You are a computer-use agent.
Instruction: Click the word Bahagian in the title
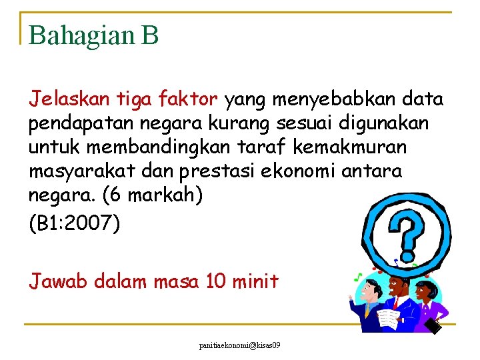(80, 35)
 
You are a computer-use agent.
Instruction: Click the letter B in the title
(150, 35)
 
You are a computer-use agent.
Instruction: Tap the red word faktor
(188, 100)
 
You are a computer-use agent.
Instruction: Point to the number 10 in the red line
(217, 281)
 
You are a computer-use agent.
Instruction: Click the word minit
(255, 281)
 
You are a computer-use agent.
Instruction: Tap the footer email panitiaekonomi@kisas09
(239, 346)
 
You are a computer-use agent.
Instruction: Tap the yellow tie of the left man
(367, 311)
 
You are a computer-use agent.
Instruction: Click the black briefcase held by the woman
(434, 325)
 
